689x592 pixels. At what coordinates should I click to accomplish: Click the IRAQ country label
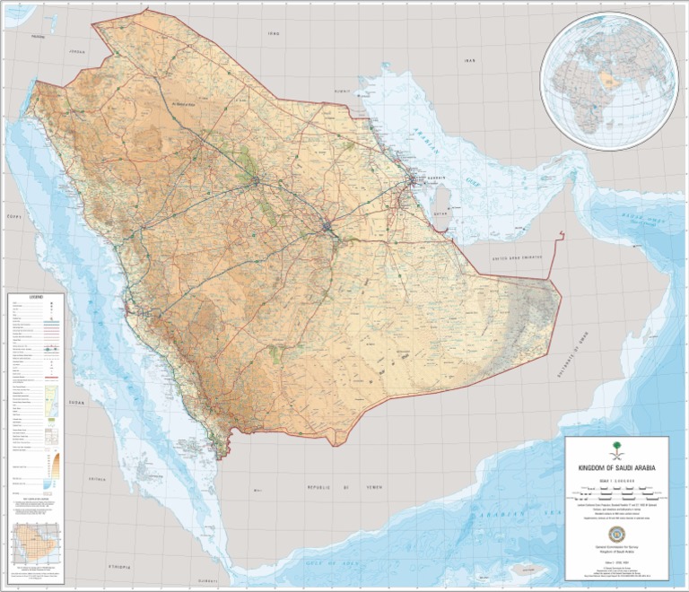click(x=274, y=33)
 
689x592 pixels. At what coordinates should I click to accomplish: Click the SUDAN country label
click(x=77, y=403)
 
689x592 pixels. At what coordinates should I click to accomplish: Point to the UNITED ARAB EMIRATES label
click(x=518, y=257)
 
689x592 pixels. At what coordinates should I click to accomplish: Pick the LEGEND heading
click(x=36, y=297)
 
